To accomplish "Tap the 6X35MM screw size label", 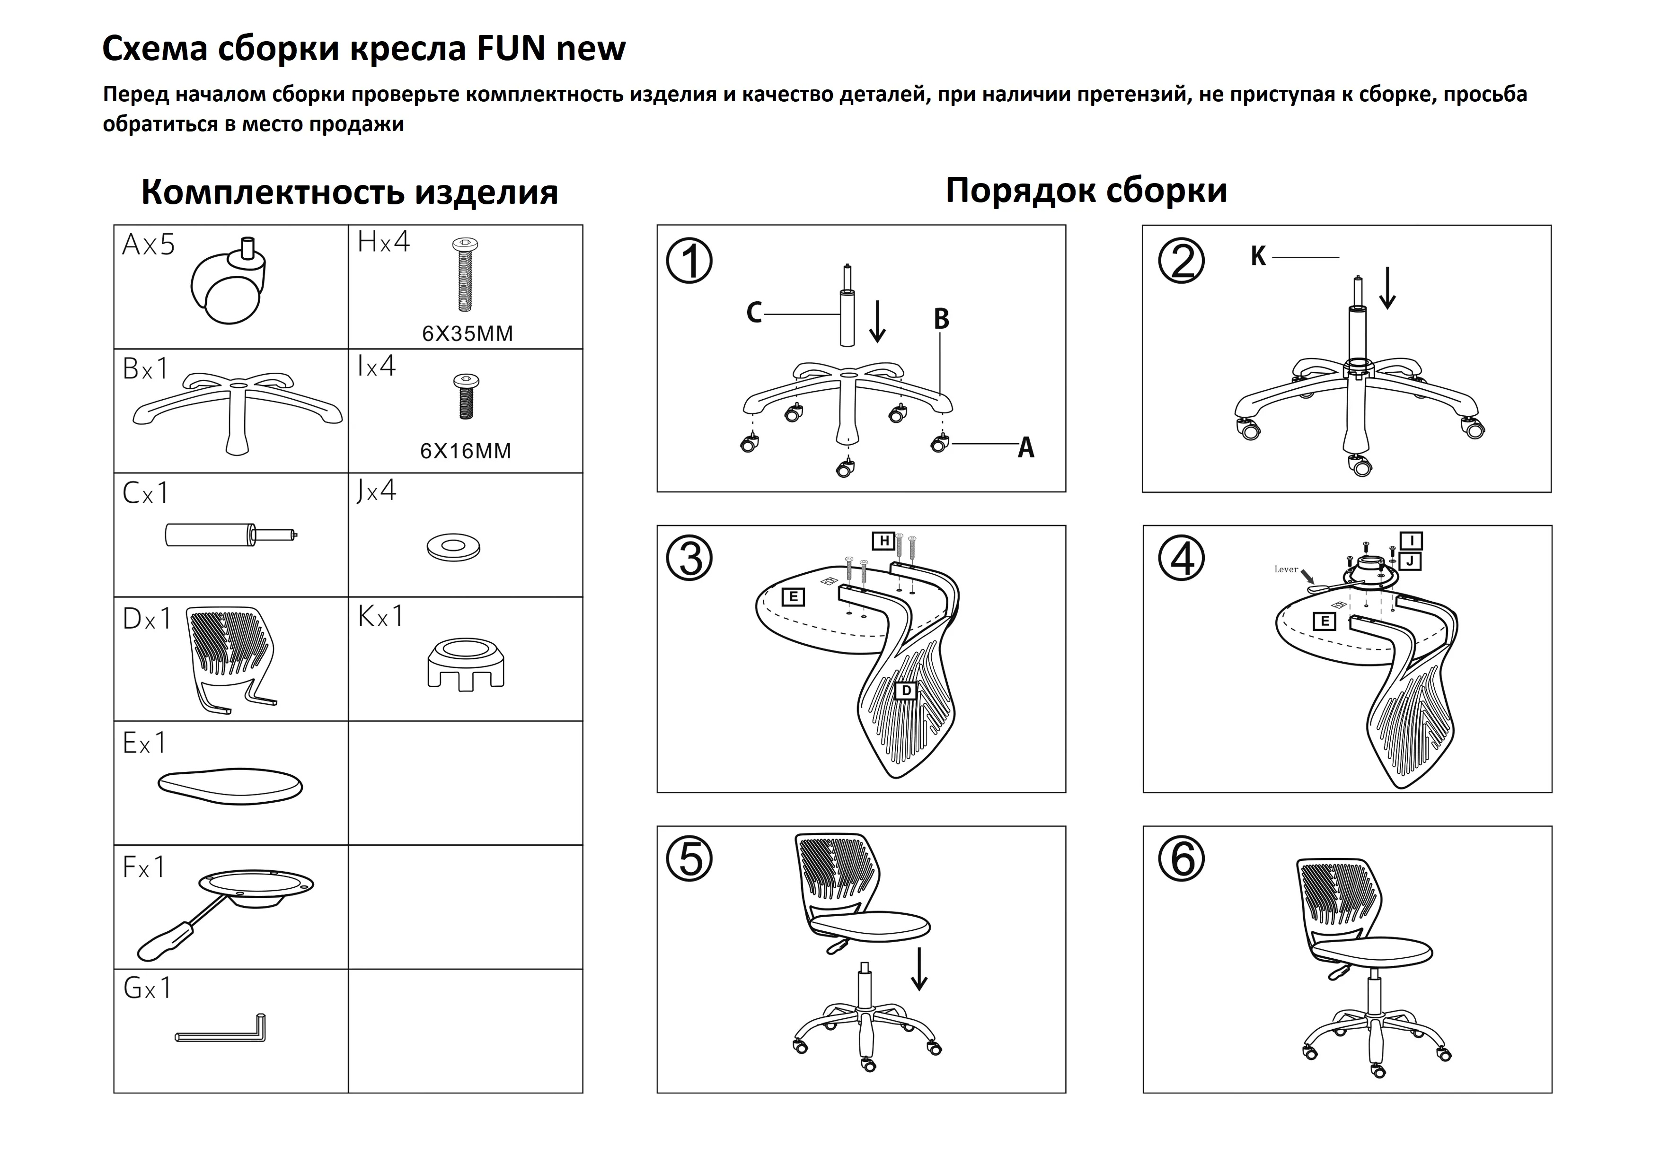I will point(467,334).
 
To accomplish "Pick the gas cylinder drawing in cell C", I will point(230,535).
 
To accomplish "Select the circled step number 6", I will point(1182,859).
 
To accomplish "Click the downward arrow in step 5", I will point(919,969).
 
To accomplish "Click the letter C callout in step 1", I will point(754,313).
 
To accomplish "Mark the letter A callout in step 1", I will point(1025,448).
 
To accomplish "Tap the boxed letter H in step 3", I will point(883,541).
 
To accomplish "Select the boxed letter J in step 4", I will point(1410,561).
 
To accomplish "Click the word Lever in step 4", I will point(1286,569).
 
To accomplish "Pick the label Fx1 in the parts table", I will point(144,868).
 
